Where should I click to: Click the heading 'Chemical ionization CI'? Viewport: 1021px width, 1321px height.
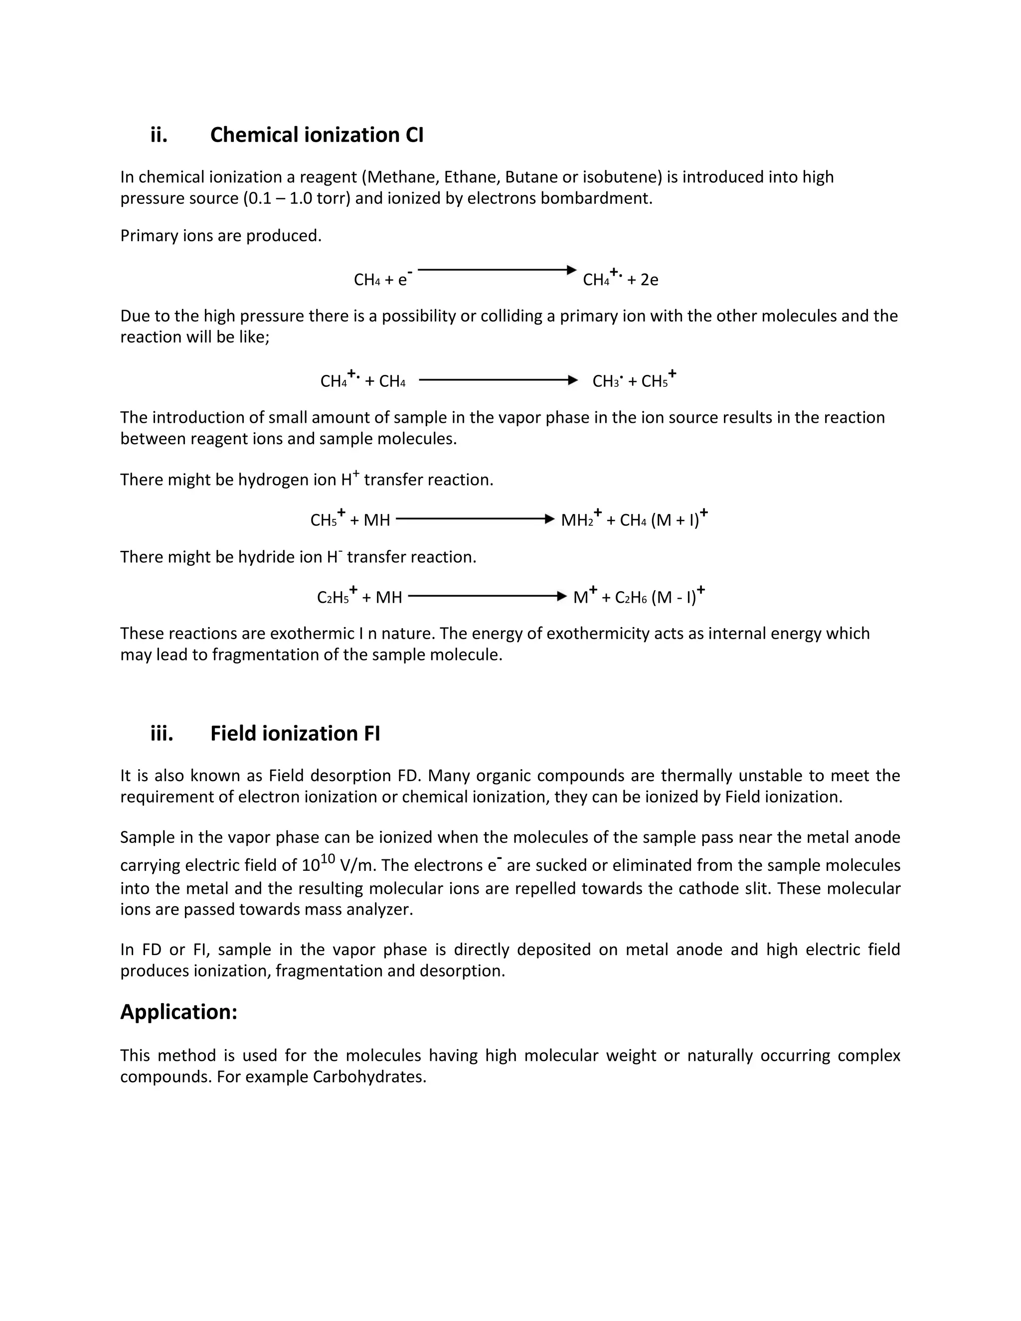317,135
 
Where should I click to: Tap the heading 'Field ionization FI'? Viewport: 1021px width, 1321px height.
295,733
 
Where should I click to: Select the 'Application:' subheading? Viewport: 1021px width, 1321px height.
178,1012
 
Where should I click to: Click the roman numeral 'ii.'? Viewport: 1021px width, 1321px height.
159,135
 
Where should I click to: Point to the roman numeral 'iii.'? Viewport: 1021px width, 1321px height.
162,733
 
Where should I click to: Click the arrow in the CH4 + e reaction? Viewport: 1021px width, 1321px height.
496,270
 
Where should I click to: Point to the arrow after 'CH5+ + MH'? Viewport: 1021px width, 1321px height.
475,518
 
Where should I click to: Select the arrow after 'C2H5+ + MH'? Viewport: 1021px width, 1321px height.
487,596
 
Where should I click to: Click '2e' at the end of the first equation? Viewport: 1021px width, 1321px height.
649,280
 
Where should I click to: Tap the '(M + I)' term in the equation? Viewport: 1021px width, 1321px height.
675,519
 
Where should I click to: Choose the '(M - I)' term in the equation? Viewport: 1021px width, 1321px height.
673,597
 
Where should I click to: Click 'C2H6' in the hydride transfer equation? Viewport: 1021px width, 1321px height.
630,598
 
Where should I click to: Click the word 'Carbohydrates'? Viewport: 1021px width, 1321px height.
369,1077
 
